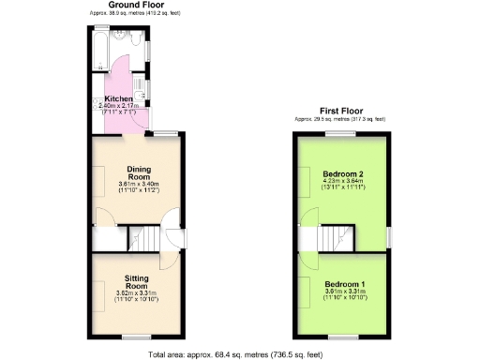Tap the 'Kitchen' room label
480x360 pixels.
point(119,98)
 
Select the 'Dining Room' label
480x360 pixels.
point(139,172)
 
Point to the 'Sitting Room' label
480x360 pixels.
point(137,281)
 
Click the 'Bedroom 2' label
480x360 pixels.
point(342,175)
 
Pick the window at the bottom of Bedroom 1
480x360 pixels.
point(343,334)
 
